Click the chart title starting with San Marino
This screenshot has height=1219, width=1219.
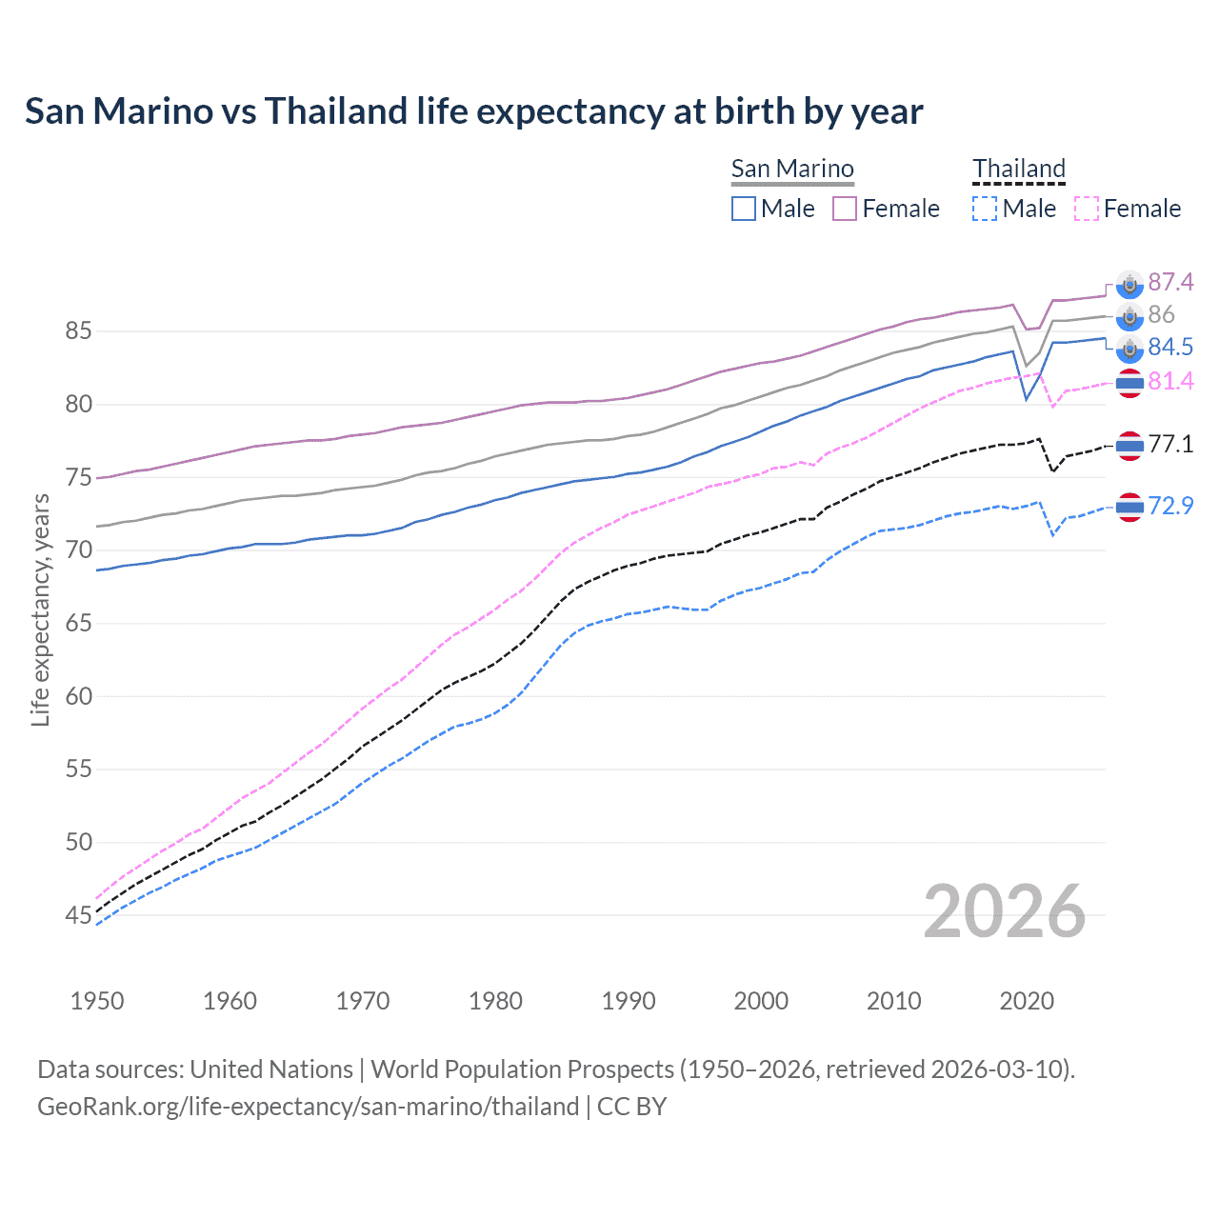click(x=473, y=111)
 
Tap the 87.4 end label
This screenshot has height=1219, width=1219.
click(x=1170, y=282)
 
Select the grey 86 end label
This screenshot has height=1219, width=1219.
click(x=1161, y=314)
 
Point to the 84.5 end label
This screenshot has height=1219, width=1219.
click(x=1170, y=347)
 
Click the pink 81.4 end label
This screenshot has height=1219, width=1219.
click(x=1170, y=381)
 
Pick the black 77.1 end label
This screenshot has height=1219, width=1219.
click(x=1170, y=444)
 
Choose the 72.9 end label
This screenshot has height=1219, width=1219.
click(x=1170, y=506)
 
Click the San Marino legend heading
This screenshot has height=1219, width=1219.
click(x=792, y=169)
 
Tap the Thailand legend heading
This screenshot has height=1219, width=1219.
click(x=1018, y=169)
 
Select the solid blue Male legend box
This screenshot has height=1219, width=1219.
click(x=744, y=209)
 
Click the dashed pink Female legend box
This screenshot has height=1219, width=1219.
click(x=1087, y=209)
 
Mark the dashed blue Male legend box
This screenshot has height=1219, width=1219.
click(x=985, y=209)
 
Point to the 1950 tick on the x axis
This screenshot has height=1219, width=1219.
click(x=97, y=1001)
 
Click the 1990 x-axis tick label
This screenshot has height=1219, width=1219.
click(x=629, y=1001)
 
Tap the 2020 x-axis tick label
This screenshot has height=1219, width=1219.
click(x=1027, y=1001)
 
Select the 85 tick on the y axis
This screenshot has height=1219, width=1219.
click(x=78, y=331)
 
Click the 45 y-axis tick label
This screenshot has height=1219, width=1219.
click(x=78, y=915)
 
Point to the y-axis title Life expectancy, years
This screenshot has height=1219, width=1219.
click(x=40, y=609)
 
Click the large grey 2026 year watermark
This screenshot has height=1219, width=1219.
click(x=1004, y=911)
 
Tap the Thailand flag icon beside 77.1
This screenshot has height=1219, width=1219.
click(x=1129, y=445)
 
